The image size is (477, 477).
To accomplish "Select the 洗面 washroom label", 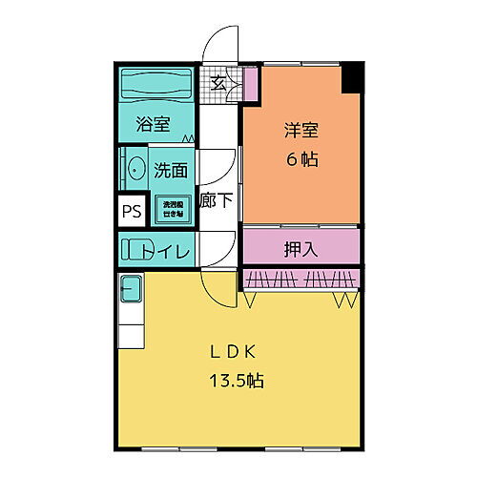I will [171, 170].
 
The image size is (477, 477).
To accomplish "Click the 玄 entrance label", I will [218, 83].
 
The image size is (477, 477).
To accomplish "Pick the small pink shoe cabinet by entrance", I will [250, 83].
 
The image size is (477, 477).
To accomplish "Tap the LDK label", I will [237, 350].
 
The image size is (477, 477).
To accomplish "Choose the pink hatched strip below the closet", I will [301, 278].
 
